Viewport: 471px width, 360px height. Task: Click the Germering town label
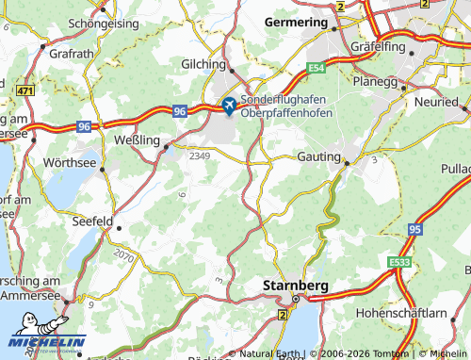coord(296,21)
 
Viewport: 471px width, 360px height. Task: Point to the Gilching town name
coord(203,64)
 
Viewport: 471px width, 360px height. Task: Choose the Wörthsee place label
coord(71,162)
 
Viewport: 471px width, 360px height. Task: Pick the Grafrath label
coord(72,54)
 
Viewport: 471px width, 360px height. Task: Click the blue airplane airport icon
coord(228,105)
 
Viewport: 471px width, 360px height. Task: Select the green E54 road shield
coord(317,68)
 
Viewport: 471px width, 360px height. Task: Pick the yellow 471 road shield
coord(24,90)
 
